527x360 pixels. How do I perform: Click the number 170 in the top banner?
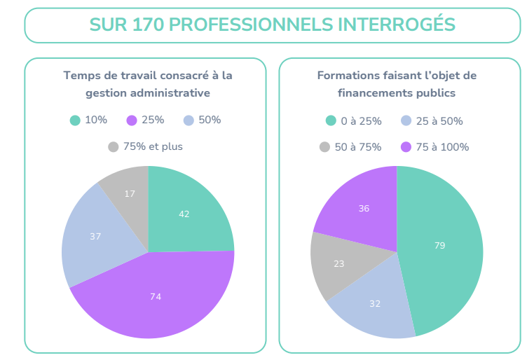click(x=147, y=25)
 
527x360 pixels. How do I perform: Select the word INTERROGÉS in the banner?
click(x=397, y=25)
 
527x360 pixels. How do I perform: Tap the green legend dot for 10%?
click(x=75, y=120)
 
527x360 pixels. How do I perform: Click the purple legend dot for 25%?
click(x=132, y=120)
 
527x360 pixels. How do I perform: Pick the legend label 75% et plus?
click(x=153, y=147)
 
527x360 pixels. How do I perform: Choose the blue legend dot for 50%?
click(x=189, y=120)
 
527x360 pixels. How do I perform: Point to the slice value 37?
click(x=96, y=237)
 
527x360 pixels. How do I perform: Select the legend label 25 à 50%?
click(x=439, y=121)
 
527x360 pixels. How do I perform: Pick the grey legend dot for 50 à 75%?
click(x=324, y=147)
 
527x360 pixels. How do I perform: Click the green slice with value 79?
click(x=439, y=245)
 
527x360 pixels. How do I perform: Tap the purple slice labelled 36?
click(x=364, y=208)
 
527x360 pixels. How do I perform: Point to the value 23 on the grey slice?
click(x=338, y=264)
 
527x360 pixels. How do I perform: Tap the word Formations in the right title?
click(x=346, y=75)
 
